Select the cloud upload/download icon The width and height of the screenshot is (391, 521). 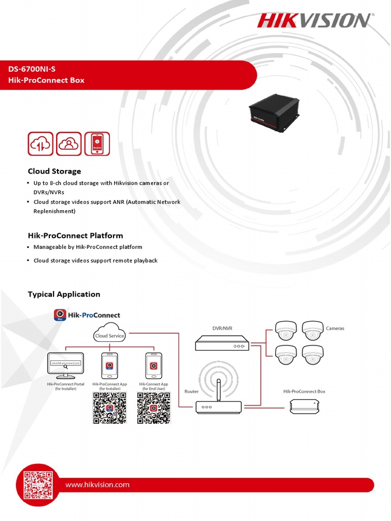pyautogui.click(x=41, y=143)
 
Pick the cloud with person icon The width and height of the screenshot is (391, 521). pyautogui.click(x=69, y=143)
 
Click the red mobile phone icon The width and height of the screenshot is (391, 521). pyautogui.click(x=97, y=143)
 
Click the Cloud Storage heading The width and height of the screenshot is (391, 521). pyautogui.click(x=54, y=171)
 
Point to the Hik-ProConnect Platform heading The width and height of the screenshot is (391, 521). pyautogui.click(x=75, y=236)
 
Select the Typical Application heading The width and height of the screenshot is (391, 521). pyautogui.click(x=64, y=294)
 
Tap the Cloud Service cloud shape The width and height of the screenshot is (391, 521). pyautogui.click(x=109, y=333)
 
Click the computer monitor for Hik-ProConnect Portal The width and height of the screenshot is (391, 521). pyautogui.click(x=66, y=365)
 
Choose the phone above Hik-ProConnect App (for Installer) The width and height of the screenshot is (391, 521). pyautogui.click(x=109, y=365)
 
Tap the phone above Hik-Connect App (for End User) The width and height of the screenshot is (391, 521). pyautogui.click(x=153, y=365)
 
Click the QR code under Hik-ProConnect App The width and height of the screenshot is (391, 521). pyautogui.click(x=109, y=408)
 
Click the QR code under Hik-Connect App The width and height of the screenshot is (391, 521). pyautogui.click(x=153, y=408)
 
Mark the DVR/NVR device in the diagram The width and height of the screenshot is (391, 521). pyautogui.click(x=222, y=344)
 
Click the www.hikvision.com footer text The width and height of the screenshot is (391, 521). pyautogui.click(x=97, y=485)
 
